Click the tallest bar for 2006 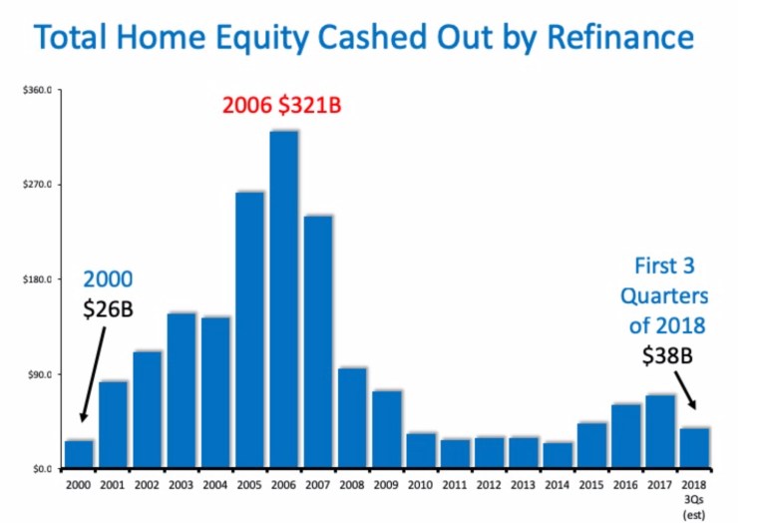point(284,299)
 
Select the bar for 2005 point(250,329)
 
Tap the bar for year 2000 point(79,454)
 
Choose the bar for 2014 point(558,455)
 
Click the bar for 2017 point(660,431)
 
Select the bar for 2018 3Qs point(694,447)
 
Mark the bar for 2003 point(182,390)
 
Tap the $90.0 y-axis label point(39,375)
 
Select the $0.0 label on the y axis point(41,469)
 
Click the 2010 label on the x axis point(421,484)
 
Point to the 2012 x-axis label point(489,484)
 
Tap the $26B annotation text point(108,308)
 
